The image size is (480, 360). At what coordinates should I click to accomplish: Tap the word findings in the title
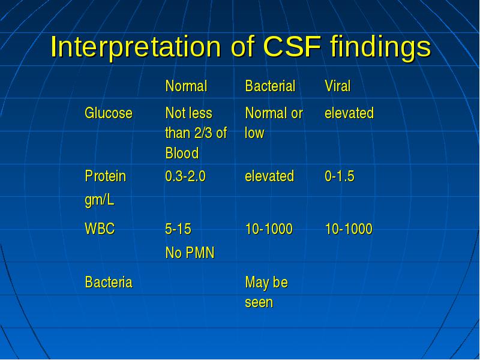pyautogui.click(x=381, y=49)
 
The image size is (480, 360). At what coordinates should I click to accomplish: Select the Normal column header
pyautogui.click(x=186, y=86)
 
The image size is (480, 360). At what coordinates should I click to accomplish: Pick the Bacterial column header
pyautogui.click(x=271, y=86)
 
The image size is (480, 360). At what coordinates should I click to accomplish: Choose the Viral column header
pyautogui.click(x=338, y=86)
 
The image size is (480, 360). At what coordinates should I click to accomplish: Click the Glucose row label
pyautogui.click(x=109, y=113)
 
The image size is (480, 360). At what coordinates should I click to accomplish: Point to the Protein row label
pyautogui.click(x=106, y=176)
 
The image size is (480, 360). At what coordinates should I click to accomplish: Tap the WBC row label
pyautogui.click(x=100, y=229)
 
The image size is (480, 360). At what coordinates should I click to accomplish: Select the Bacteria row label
pyautogui.click(x=109, y=282)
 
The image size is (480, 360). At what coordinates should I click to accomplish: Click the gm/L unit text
pyautogui.click(x=100, y=200)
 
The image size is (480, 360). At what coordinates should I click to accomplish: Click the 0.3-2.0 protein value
pyautogui.click(x=185, y=176)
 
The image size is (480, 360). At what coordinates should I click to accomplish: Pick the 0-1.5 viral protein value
pyautogui.click(x=340, y=176)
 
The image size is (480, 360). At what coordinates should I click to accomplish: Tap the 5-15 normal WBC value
pyautogui.click(x=178, y=229)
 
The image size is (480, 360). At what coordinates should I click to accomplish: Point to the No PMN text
pyautogui.click(x=190, y=253)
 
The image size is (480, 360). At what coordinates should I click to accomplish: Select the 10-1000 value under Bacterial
pyautogui.click(x=269, y=229)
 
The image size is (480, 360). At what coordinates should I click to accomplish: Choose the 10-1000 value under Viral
pyautogui.click(x=349, y=229)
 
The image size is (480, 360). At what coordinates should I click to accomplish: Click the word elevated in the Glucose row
pyautogui.click(x=349, y=113)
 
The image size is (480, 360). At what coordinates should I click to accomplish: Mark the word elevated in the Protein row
pyautogui.click(x=269, y=176)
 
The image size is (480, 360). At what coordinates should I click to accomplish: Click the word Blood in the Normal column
pyautogui.click(x=182, y=153)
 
